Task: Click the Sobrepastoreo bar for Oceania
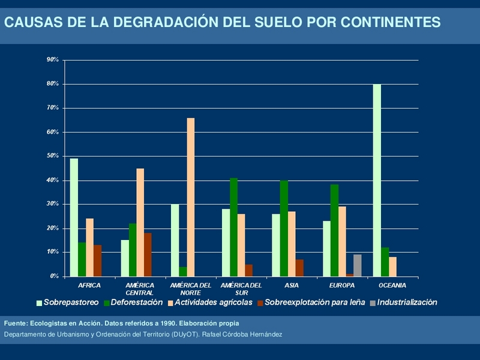click(377, 180)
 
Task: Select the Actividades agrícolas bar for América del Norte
click(191, 197)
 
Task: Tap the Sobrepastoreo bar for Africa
click(74, 217)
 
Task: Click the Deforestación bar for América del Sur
click(233, 227)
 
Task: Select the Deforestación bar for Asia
click(284, 229)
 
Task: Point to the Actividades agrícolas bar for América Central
click(140, 223)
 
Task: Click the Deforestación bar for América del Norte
click(183, 272)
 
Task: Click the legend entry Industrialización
click(407, 302)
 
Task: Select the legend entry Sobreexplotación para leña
click(314, 302)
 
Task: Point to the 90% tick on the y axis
click(52, 60)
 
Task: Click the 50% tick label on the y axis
click(52, 156)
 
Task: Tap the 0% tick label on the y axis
click(54, 277)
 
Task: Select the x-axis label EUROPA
click(342, 285)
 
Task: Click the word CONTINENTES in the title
click(390, 23)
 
